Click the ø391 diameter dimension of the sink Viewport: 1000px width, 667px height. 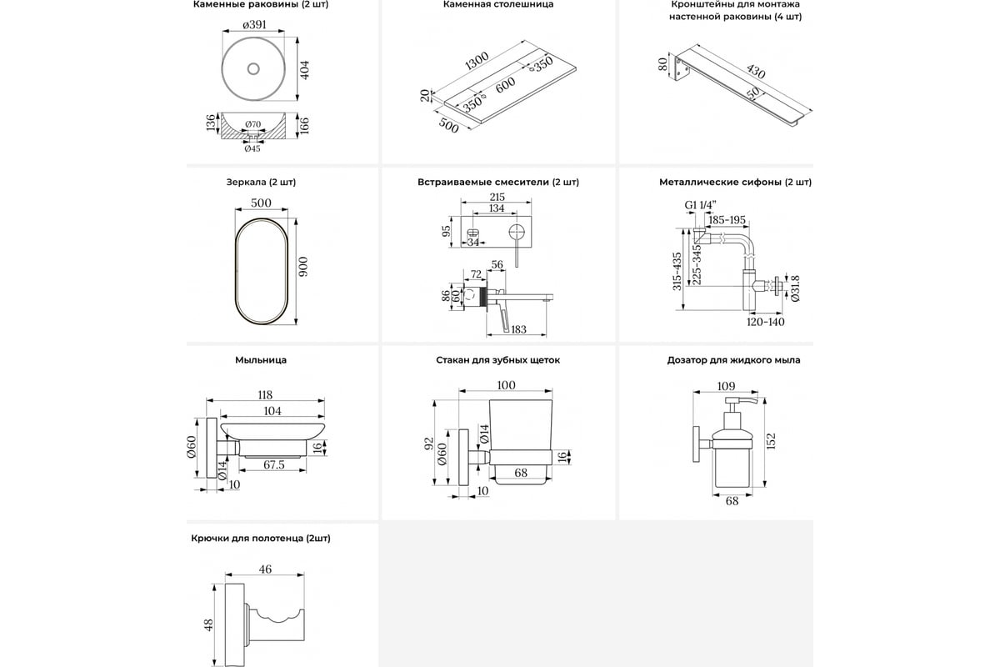pos(254,26)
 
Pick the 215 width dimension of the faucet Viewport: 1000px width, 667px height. pos(497,198)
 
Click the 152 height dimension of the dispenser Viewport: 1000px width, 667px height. pos(772,439)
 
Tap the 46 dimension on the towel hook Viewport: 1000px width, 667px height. pos(266,569)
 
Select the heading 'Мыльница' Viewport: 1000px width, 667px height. pos(261,360)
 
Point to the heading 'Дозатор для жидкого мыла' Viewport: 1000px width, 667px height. pos(733,360)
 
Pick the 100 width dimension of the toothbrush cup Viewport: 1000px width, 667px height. pos(506,385)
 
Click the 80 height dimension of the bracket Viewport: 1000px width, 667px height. pos(662,64)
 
